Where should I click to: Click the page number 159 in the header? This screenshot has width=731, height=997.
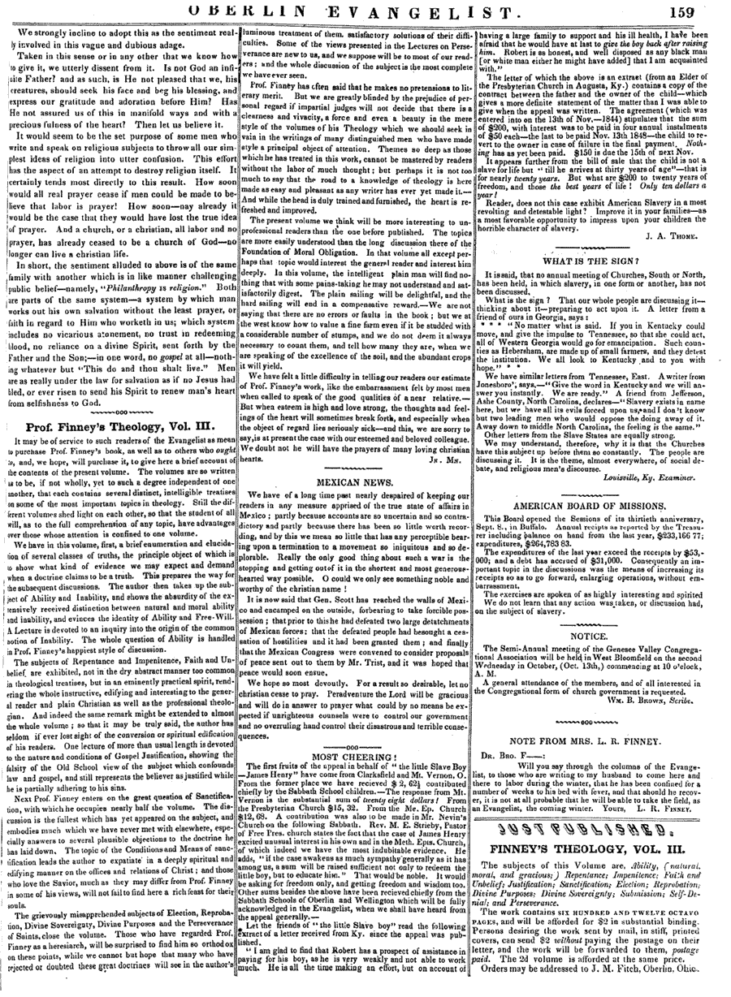(x=704, y=10)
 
